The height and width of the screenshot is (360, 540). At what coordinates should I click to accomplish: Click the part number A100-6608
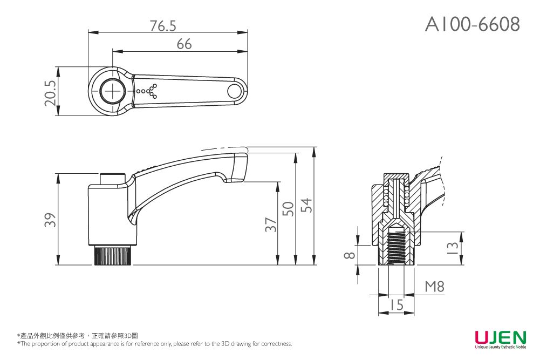[x=473, y=24]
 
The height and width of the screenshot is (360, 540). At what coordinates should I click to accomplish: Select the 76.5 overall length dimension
[x=163, y=25]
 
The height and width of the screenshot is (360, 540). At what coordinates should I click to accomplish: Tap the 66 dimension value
[x=184, y=44]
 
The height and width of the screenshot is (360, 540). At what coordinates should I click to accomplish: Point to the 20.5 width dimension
[x=50, y=92]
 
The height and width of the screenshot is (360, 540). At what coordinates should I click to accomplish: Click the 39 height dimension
[x=50, y=220]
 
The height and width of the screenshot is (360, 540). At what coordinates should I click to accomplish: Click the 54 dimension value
[x=306, y=205]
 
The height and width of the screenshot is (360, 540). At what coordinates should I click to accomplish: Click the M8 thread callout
[x=434, y=287]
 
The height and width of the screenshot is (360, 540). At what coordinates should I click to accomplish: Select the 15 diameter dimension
[x=397, y=305]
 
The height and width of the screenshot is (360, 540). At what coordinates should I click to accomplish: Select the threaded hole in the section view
[x=397, y=246]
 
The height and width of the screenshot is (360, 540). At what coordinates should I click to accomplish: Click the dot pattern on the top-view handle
[x=147, y=92]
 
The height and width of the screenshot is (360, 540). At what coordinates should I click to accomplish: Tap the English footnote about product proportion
[x=155, y=344]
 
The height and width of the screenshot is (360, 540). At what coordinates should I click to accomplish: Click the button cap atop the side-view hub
[x=113, y=179]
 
